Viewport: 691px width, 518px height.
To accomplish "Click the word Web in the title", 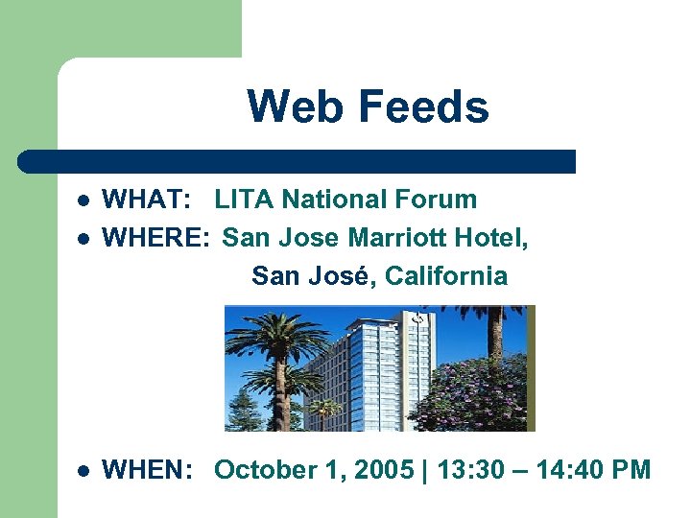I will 288,106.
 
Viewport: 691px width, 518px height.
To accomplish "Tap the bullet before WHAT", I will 83,200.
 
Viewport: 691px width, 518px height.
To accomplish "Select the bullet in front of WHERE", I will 83,238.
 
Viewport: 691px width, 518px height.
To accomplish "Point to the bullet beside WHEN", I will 83,471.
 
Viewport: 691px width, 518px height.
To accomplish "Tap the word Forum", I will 437,200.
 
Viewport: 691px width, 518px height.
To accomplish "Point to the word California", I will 446,276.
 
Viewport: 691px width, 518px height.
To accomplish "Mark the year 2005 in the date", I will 385,470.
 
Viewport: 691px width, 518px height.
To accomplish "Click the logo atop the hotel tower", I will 418,318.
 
